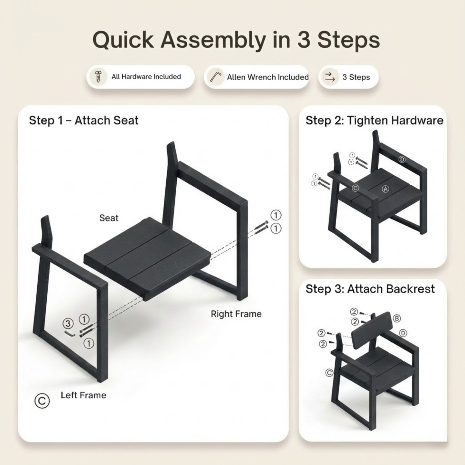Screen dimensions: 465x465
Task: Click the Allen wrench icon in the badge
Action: (x=216, y=77)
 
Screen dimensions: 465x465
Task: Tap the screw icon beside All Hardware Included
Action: (x=98, y=76)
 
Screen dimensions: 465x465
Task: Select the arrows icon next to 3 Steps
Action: (x=330, y=77)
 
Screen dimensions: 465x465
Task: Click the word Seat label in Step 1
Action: (x=109, y=218)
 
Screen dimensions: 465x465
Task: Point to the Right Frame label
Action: (x=236, y=314)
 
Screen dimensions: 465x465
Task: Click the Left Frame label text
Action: (x=83, y=395)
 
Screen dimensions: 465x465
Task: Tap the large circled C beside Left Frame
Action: (x=42, y=401)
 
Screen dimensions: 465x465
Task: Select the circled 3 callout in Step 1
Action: (x=68, y=324)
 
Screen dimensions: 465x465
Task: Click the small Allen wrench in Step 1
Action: (x=70, y=334)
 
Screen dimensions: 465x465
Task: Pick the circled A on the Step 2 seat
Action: (x=386, y=189)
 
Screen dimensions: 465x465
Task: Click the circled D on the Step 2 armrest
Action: (x=402, y=160)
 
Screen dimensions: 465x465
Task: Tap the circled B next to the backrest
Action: (x=397, y=318)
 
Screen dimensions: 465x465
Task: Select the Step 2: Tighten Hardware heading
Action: (x=374, y=120)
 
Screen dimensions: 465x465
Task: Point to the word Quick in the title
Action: (x=123, y=40)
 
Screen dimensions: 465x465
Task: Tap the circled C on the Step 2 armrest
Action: (x=355, y=188)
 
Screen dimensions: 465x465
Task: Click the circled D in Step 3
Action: (x=403, y=333)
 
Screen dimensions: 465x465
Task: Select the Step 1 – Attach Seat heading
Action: (x=84, y=120)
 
